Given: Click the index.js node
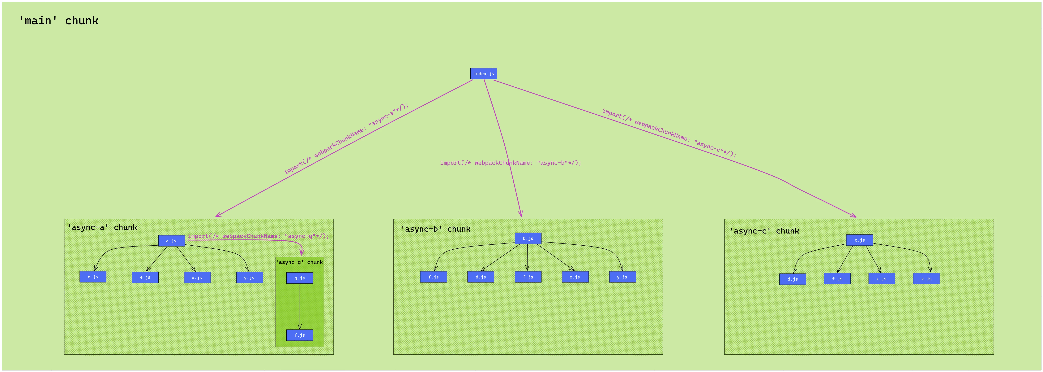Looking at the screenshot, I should (x=483, y=74).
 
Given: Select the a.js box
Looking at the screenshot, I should (x=171, y=241).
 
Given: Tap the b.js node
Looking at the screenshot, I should (x=528, y=238).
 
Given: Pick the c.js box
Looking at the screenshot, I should (x=859, y=240).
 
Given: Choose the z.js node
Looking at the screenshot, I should (x=926, y=279).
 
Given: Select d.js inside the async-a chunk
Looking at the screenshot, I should (x=93, y=277).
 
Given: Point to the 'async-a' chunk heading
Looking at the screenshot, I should (x=102, y=227).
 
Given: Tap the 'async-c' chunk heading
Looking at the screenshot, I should (x=764, y=231).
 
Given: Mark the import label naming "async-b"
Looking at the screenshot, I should (x=511, y=163).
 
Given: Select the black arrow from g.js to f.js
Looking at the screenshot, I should (x=300, y=306).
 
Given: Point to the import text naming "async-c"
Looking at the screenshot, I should (x=669, y=133).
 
